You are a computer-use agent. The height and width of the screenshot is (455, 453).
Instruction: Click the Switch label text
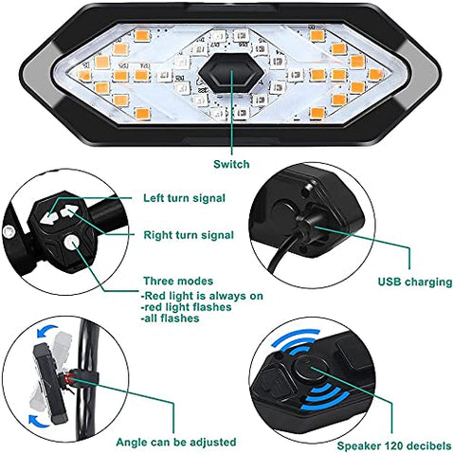tap(231, 164)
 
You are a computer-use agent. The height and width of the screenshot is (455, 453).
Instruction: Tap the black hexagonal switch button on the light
tap(226, 76)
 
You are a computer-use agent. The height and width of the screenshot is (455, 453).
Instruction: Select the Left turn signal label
tap(184, 198)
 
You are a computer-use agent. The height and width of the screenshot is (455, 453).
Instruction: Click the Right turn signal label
tap(188, 233)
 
